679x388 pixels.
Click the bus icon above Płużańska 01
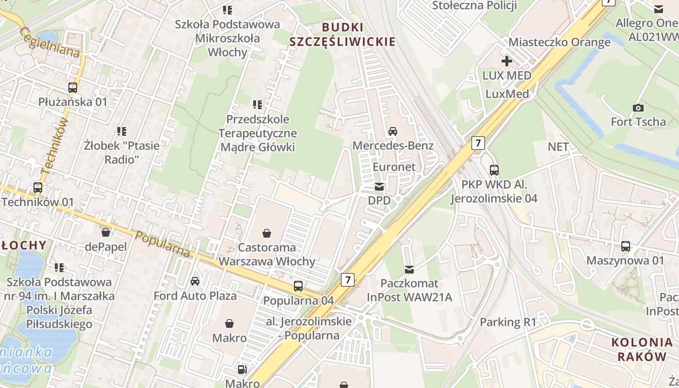[x=73, y=88]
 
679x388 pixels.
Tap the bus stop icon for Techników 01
[x=38, y=188]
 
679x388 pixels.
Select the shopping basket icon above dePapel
[x=106, y=232]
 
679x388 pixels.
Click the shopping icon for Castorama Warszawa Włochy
[x=266, y=234]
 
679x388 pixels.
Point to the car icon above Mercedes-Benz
[x=393, y=131]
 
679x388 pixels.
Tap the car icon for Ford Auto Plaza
[x=195, y=281]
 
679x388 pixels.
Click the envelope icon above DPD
[x=379, y=187]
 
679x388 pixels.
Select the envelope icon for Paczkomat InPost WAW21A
[x=409, y=269]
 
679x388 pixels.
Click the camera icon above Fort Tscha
[x=638, y=108]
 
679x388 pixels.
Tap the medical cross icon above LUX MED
[x=507, y=61]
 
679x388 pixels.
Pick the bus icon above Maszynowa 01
[x=626, y=246]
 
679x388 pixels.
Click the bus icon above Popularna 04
[x=298, y=286]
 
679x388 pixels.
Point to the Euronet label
[x=394, y=167]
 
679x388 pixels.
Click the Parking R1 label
[x=508, y=322]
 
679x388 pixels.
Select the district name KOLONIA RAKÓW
[x=639, y=349]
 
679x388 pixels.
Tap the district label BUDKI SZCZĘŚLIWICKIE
[x=342, y=34]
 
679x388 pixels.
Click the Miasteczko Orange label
[x=559, y=42]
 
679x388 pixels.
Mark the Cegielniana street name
[x=49, y=42]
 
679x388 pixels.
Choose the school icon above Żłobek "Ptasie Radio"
[x=122, y=131]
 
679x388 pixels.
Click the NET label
[x=558, y=147]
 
